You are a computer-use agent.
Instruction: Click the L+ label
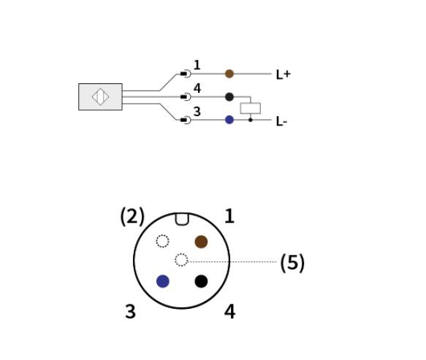click(x=283, y=74)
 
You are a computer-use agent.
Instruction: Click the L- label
click(x=281, y=121)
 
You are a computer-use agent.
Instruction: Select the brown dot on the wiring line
click(x=229, y=74)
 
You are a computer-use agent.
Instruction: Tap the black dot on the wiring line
click(x=229, y=96)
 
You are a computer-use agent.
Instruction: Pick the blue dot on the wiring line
click(x=229, y=120)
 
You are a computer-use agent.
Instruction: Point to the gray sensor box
click(x=100, y=96)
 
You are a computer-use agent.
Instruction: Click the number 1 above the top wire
click(x=197, y=65)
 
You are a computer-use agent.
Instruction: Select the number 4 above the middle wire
click(x=197, y=88)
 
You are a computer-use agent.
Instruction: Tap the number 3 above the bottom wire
click(x=197, y=111)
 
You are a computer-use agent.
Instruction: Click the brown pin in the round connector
click(x=201, y=242)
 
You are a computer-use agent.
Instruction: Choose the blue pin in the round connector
click(x=163, y=281)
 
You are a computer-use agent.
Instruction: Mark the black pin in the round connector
click(x=201, y=281)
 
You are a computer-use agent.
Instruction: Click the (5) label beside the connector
click(x=292, y=263)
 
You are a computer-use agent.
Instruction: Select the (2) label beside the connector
click(x=132, y=216)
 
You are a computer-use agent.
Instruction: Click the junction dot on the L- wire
click(x=250, y=120)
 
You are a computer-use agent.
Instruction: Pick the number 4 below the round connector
click(x=229, y=311)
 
